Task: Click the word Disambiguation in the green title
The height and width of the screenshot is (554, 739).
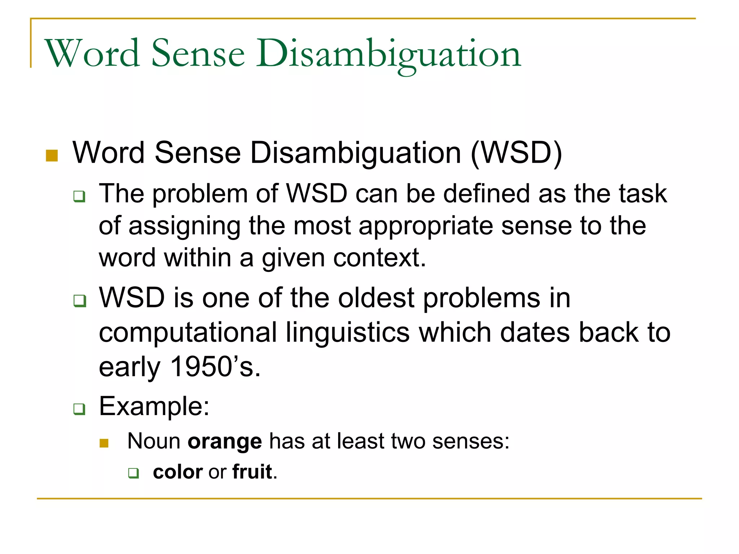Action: (x=388, y=54)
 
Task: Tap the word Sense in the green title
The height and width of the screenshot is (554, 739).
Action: (x=198, y=54)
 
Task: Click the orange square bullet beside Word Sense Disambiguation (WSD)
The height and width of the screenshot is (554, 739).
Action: (x=52, y=155)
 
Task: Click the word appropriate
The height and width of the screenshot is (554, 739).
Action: (x=426, y=226)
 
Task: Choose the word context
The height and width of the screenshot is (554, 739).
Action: (x=380, y=258)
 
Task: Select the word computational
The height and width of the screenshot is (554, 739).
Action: (x=188, y=333)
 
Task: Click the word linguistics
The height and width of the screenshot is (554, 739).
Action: (x=348, y=333)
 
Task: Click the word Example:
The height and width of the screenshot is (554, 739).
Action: (x=154, y=406)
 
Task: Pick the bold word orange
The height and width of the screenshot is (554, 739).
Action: (x=225, y=441)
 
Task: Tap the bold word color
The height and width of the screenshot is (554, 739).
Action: (x=178, y=472)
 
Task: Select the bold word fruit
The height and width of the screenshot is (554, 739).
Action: (x=252, y=472)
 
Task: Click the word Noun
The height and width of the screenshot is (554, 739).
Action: (x=154, y=441)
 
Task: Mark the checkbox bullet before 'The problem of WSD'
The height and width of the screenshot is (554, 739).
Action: (x=79, y=197)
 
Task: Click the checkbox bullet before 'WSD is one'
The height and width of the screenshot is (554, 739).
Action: (x=79, y=300)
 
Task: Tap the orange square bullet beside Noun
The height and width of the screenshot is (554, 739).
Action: (x=104, y=443)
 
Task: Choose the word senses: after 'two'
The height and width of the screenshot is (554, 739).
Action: (x=471, y=441)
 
